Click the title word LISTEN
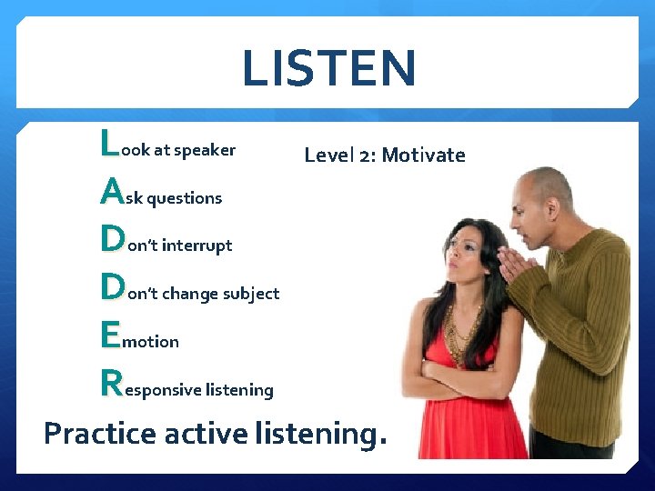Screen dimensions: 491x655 click(328, 68)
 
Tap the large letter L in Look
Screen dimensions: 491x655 click(109, 143)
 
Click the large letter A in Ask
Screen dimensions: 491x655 click(111, 191)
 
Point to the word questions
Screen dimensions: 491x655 click(184, 198)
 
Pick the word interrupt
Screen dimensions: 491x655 click(196, 245)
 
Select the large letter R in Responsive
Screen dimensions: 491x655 click(111, 383)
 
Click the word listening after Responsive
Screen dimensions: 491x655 click(239, 390)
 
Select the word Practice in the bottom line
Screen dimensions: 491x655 click(100, 434)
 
